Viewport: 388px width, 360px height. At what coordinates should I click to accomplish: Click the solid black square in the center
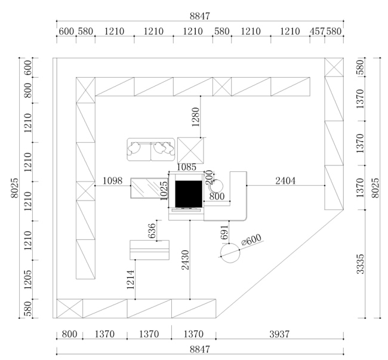[x=189, y=194]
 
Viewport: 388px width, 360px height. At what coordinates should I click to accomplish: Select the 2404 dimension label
[x=285, y=181]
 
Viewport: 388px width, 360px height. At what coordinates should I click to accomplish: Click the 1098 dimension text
[x=113, y=181]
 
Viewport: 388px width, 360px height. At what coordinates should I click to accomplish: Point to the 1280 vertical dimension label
[x=195, y=117]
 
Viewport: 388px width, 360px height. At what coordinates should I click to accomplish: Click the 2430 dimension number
[x=185, y=260]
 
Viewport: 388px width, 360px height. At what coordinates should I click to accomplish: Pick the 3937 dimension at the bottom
[x=279, y=334]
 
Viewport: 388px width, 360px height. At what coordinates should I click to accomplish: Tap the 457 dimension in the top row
[x=317, y=32]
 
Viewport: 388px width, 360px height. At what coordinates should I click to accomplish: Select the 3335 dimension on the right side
[x=361, y=264]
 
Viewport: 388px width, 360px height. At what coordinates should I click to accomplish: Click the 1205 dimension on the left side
[x=28, y=279]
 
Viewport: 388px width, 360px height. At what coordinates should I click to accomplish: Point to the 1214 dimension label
[x=130, y=279]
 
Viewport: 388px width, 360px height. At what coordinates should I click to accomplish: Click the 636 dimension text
[x=152, y=230]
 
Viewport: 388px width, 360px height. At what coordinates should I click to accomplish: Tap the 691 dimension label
[x=224, y=232]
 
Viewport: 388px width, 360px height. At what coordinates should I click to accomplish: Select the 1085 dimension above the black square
[x=187, y=167]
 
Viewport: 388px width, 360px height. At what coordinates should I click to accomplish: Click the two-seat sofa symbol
[x=151, y=150]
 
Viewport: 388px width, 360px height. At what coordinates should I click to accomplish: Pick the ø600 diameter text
[x=251, y=239]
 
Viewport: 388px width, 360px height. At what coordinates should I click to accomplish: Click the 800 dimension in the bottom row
[x=69, y=334]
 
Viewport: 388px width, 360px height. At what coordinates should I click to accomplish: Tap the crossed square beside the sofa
[x=190, y=150]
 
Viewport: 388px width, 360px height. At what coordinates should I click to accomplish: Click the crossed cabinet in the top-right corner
[x=334, y=67]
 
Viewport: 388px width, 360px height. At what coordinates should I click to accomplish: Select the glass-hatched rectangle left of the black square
[x=149, y=188]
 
